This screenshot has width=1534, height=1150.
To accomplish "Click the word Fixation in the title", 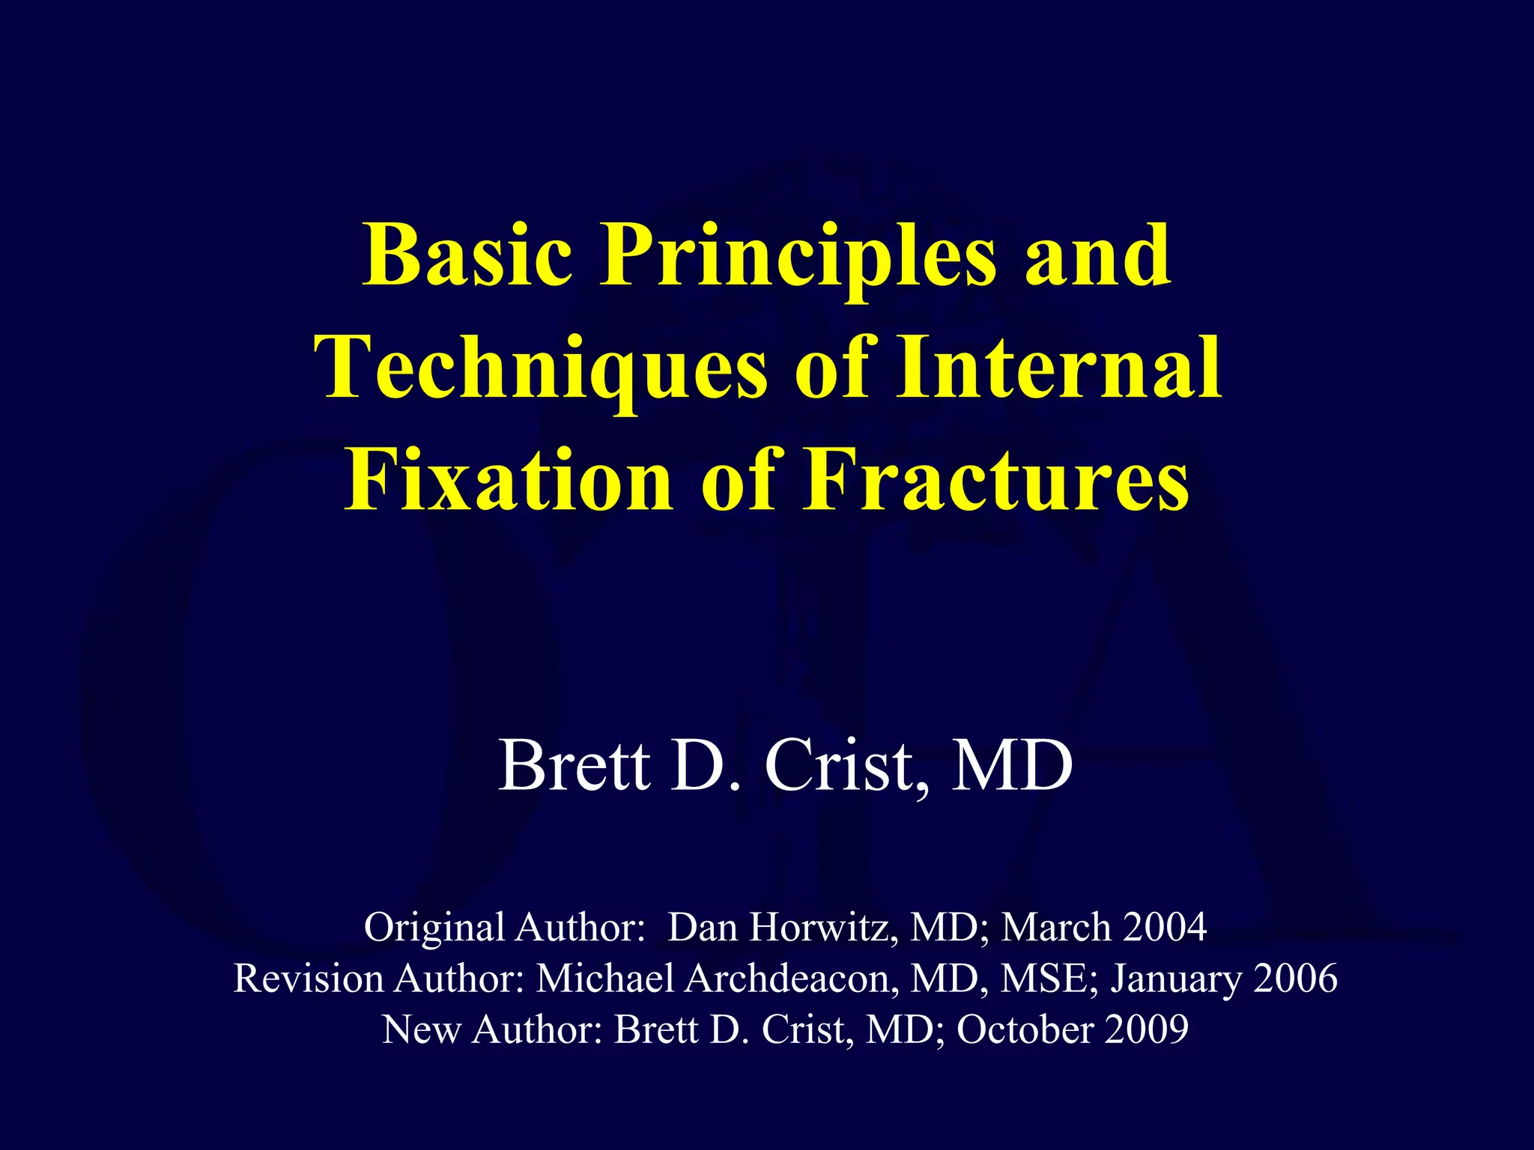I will point(509,481).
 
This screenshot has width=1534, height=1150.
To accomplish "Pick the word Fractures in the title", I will point(995,481).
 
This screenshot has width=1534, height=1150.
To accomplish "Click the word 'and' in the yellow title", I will point(1097,256).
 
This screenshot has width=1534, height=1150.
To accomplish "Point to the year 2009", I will point(1147,1029).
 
